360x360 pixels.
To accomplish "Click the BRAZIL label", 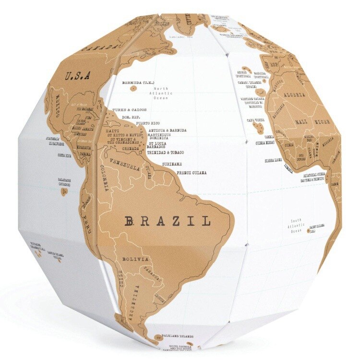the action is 168,221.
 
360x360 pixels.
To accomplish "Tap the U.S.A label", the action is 78,75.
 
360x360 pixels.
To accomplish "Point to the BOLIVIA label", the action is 136,259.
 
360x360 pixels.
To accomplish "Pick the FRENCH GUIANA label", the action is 192,172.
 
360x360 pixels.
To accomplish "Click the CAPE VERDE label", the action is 256,120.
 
